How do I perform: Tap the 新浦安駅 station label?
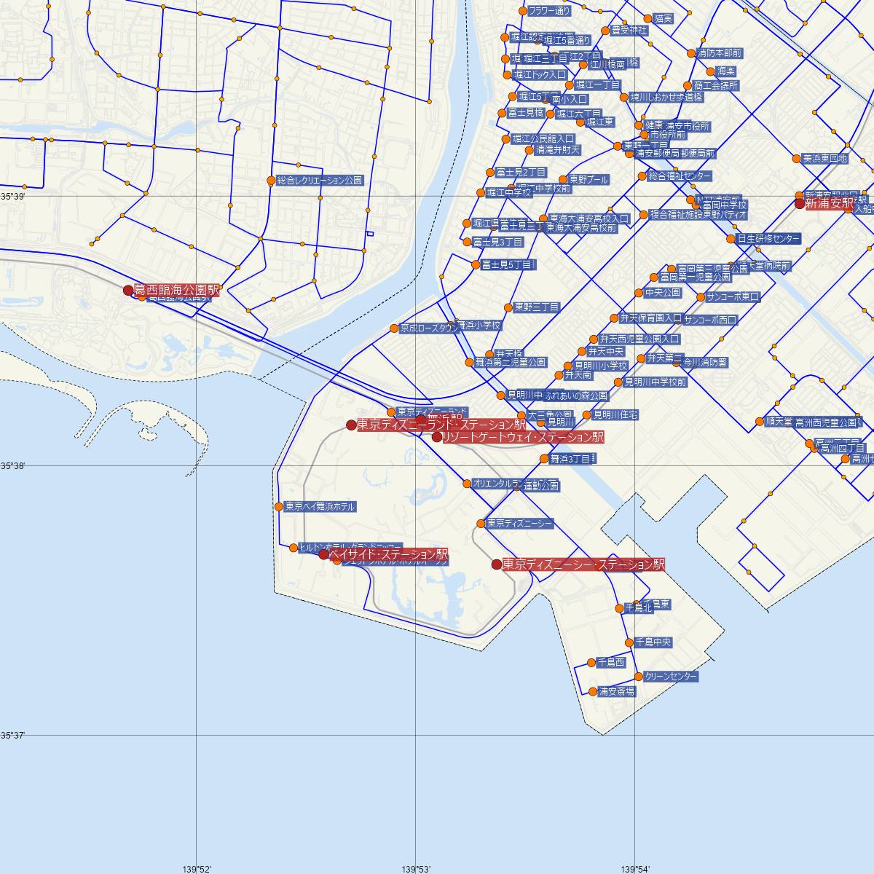click(829, 205)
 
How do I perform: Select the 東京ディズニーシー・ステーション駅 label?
click(583, 564)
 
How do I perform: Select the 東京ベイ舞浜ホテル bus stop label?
click(320, 507)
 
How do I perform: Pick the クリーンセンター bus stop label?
click(671, 677)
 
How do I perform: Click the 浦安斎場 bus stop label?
click(616, 692)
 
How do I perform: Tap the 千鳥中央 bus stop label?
click(653, 642)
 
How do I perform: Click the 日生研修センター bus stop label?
click(768, 239)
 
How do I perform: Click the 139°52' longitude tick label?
click(197, 868)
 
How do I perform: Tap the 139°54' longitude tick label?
click(634, 868)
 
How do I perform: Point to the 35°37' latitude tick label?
click(12, 736)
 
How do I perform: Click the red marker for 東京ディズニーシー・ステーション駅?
click(497, 564)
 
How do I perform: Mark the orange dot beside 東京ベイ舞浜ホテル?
click(279, 507)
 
